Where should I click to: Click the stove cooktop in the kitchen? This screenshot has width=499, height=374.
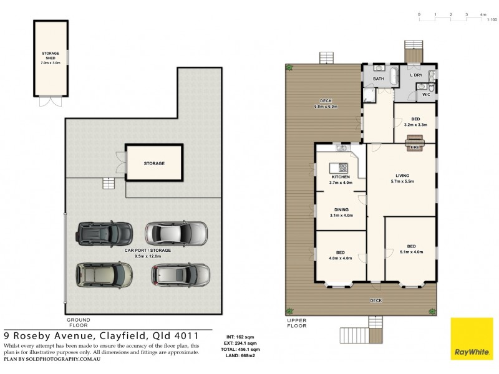pyautogui.click(x=342, y=167)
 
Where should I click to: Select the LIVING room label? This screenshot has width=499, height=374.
pyautogui.click(x=402, y=176)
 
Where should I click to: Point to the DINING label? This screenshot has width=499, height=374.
pyautogui.click(x=341, y=209)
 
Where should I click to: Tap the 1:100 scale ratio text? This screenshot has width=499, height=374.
pyautogui.click(x=492, y=21)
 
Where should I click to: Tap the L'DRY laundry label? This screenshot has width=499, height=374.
pyautogui.click(x=416, y=75)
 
